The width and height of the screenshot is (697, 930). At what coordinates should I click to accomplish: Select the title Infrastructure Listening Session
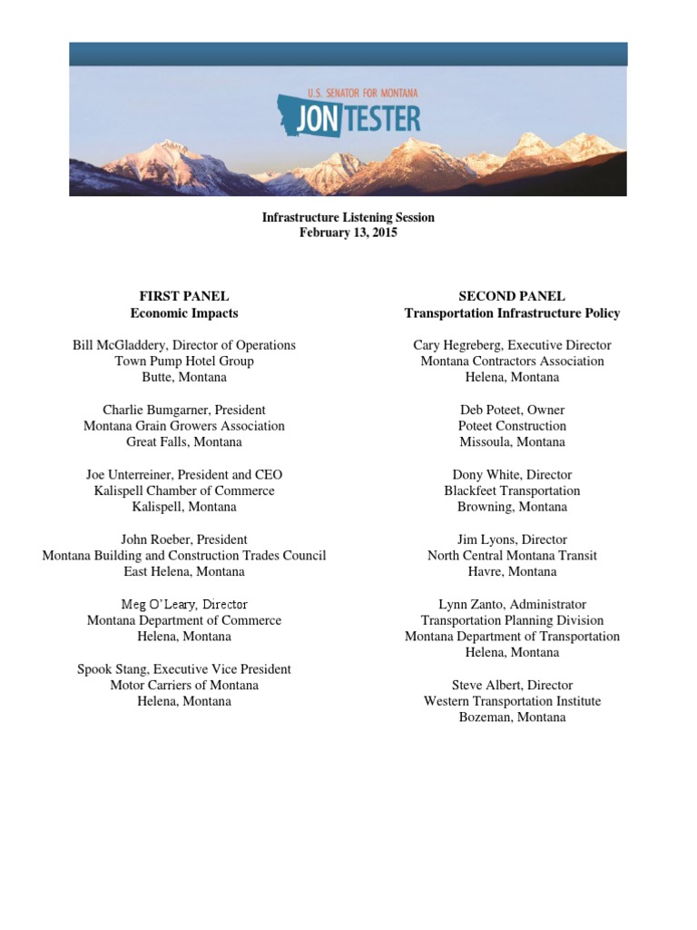tap(348, 217)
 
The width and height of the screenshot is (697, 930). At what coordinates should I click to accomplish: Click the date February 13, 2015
tap(348, 233)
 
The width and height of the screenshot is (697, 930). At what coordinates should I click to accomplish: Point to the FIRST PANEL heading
tap(183, 296)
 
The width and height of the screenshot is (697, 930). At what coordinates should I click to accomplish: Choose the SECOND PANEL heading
tap(512, 296)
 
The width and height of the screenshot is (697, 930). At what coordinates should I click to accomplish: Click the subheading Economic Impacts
tap(183, 313)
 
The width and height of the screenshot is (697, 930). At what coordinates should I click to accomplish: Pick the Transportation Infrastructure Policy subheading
tap(512, 313)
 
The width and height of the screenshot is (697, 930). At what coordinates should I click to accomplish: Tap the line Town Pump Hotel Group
tap(184, 361)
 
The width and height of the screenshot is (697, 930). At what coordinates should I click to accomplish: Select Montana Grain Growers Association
tap(184, 426)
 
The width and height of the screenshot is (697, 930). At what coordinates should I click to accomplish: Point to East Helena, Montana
tap(184, 572)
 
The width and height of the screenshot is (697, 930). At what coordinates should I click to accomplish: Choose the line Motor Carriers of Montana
tap(184, 686)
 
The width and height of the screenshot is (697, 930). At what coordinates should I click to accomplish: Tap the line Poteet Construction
tap(513, 426)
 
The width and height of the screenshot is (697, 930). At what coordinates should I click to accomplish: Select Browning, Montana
tap(513, 507)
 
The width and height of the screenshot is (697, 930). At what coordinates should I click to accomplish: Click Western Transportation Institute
tap(513, 701)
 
